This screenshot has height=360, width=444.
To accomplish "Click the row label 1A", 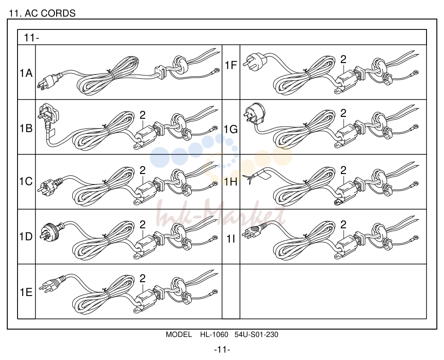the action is (26, 73).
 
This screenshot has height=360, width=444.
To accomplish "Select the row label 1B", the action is (26, 128).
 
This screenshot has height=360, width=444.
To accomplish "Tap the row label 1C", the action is (26, 181).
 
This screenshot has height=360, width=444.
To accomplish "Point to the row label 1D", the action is (26, 236).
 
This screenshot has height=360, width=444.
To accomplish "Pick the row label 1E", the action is (26, 292).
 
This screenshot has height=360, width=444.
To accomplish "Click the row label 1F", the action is (231, 65).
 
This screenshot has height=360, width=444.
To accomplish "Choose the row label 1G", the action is (231, 129).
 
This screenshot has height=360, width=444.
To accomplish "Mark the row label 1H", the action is (231, 182).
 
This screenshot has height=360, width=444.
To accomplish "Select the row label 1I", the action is (231, 239).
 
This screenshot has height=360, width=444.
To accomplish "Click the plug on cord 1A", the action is (50, 81).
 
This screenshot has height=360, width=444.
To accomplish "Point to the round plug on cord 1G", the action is (254, 114).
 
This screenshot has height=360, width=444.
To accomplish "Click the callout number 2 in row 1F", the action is (343, 59).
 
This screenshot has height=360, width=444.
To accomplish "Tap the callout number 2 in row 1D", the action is (142, 225).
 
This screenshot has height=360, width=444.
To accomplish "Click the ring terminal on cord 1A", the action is (216, 70).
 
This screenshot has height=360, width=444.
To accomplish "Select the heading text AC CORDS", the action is (50, 13).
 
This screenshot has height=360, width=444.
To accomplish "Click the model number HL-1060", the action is (214, 335).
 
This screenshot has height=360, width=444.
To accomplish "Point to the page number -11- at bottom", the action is (222, 350).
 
